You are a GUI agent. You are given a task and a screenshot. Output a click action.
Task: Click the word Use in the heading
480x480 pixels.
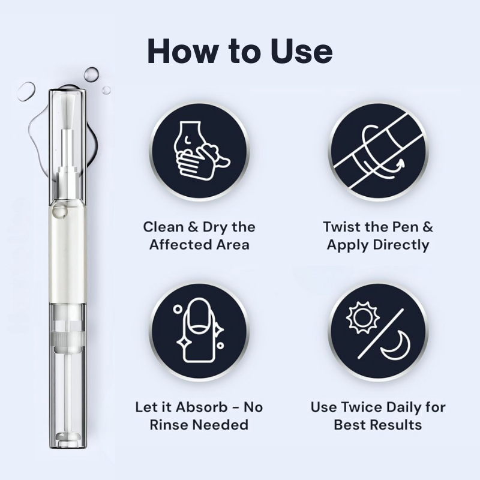tap(301, 51)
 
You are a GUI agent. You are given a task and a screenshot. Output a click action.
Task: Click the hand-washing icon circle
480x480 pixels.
tap(199, 152)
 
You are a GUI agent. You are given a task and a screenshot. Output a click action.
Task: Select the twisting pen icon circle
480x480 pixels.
tap(379, 152)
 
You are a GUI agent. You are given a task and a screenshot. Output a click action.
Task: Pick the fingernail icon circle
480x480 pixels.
tap(199, 332)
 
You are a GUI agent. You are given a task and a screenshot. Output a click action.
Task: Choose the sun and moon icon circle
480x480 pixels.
tap(379, 332)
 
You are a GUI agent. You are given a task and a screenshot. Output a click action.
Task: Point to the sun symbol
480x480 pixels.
tap(363, 317)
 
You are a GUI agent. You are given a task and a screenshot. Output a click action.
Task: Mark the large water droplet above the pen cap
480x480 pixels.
tap(92, 74)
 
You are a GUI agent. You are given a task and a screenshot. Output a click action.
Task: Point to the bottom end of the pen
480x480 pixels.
tap(68, 448)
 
